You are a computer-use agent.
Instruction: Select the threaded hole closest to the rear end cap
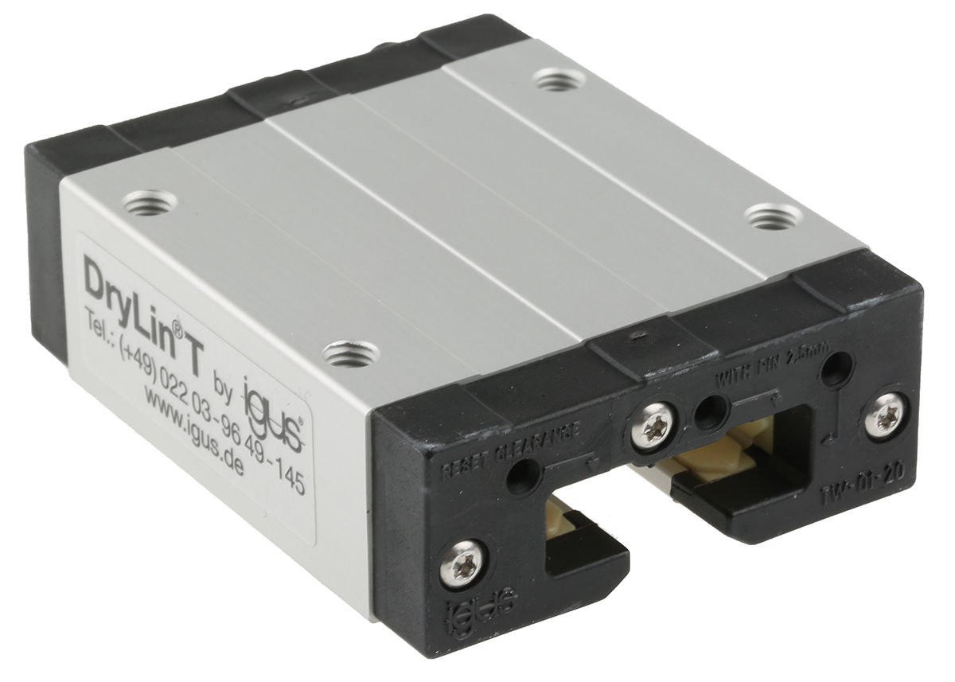click(559, 80)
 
